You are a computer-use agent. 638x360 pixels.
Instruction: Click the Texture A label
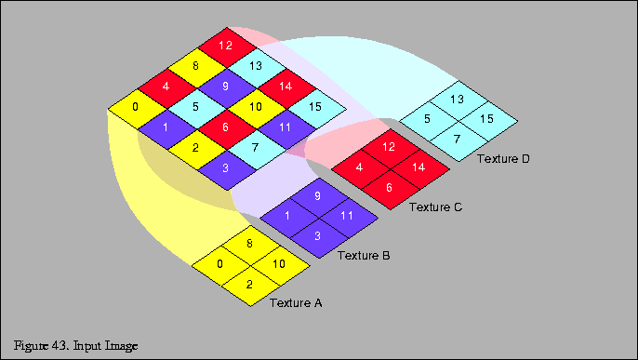click(295, 302)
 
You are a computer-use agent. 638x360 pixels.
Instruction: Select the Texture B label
click(363, 254)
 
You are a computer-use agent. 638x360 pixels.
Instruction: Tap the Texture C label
click(435, 207)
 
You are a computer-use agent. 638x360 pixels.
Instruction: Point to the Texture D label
click(503, 159)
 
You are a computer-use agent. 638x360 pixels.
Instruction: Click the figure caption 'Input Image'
click(76, 346)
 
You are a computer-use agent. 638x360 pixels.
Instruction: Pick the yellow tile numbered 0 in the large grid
click(136, 107)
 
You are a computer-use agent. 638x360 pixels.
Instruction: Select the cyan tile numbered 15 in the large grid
click(315, 107)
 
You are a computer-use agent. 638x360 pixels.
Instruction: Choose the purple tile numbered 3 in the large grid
click(226, 167)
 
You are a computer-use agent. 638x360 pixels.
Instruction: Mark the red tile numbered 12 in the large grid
click(226, 46)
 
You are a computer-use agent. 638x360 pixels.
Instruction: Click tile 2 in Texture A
click(250, 285)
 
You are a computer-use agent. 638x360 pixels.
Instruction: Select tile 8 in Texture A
click(250, 244)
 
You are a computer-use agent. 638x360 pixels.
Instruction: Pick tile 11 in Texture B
click(347, 217)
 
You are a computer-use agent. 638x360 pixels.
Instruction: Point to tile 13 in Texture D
click(458, 99)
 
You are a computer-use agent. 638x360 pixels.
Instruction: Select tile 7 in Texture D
click(458, 140)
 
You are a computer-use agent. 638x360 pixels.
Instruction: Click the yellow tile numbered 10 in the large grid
click(255, 107)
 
